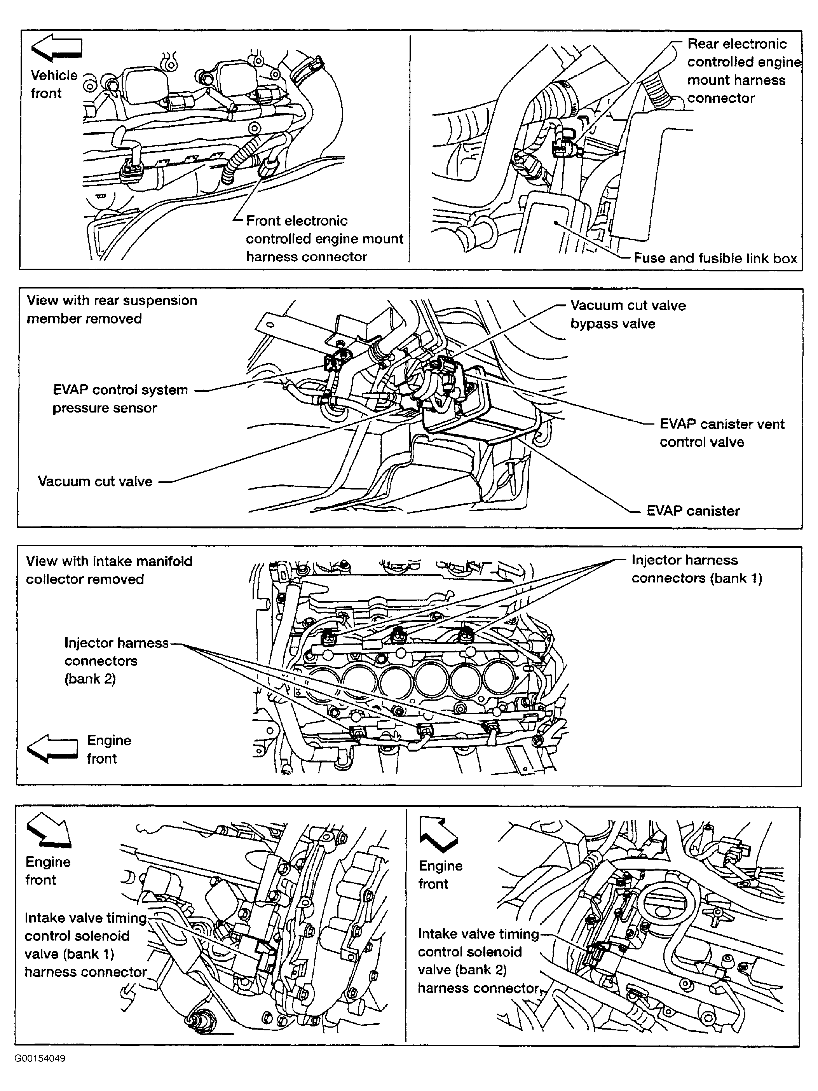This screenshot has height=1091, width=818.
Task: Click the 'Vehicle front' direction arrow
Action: [x=56, y=48]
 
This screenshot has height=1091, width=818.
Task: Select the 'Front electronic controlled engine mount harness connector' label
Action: [x=324, y=239]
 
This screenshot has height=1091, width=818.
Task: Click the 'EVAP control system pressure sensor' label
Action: [x=120, y=399]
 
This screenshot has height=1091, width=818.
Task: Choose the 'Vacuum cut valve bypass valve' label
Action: [x=628, y=314]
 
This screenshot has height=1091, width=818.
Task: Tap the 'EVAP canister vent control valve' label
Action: [x=722, y=433]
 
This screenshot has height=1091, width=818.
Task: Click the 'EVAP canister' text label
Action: [x=693, y=511]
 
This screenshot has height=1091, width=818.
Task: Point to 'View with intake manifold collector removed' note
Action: [x=109, y=570]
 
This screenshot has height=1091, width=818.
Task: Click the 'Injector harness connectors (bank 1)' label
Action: [x=697, y=569]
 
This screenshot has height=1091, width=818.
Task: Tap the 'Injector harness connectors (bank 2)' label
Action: [x=116, y=661]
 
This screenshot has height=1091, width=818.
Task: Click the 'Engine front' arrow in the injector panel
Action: [x=52, y=748]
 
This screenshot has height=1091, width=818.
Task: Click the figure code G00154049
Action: [x=40, y=1058]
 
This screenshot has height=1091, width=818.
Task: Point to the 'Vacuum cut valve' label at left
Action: [x=95, y=481]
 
